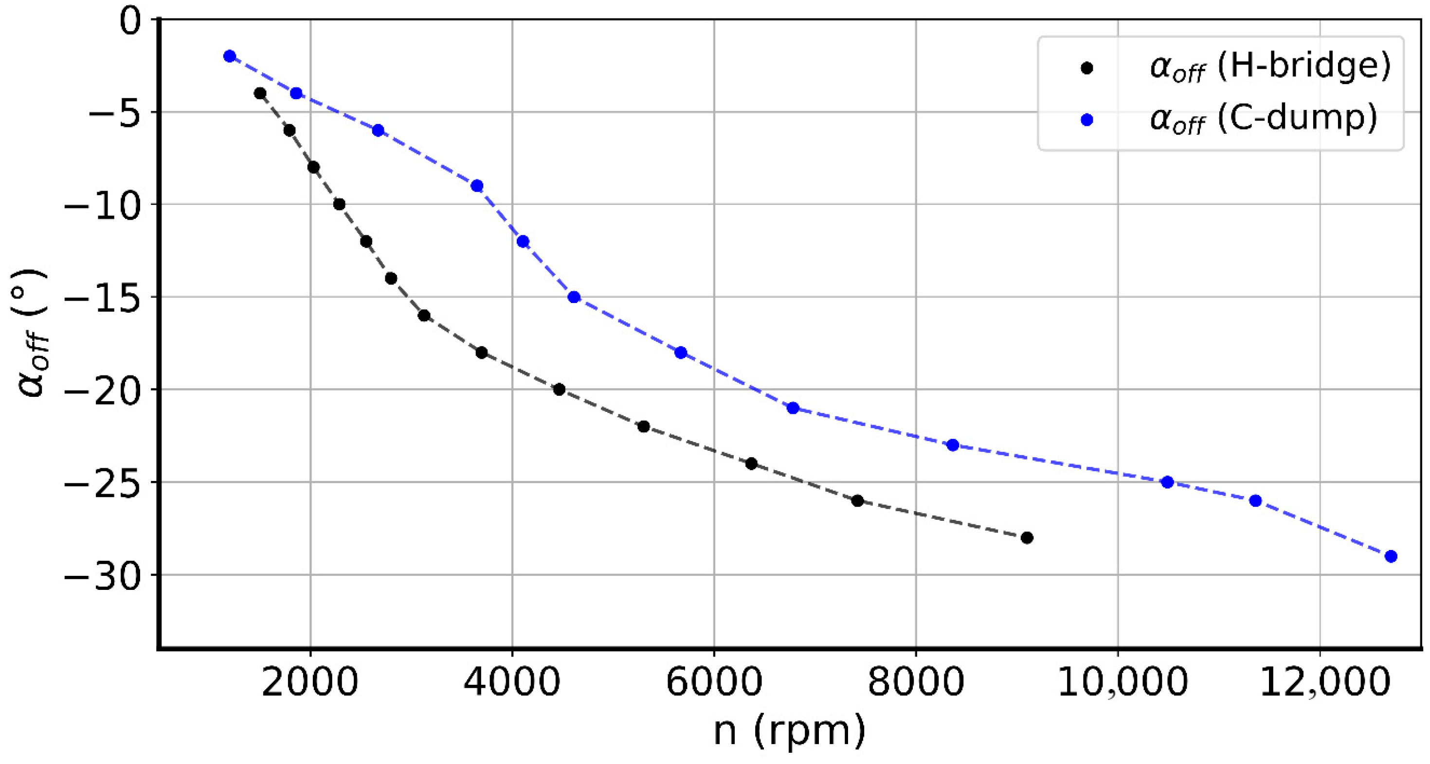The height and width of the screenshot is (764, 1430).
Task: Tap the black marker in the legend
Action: (x=1087, y=68)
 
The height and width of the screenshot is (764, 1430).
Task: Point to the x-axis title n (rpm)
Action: (x=789, y=731)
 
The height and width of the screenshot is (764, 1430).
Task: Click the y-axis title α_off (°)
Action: (x=32, y=333)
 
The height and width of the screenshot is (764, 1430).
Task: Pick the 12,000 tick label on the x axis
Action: (x=1324, y=682)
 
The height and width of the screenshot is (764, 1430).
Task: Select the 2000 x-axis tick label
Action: (x=310, y=682)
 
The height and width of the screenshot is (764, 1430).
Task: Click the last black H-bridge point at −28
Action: (x=1027, y=538)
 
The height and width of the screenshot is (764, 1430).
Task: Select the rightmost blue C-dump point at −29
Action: (x=1391, y=556)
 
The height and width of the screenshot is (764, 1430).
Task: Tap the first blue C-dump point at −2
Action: (x=229, y=56)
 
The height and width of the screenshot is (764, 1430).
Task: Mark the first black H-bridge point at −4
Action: (x=260, y=93)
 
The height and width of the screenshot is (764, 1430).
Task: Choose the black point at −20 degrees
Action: (x=559, y=390)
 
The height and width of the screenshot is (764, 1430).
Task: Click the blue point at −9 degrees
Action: (x=477, y=186)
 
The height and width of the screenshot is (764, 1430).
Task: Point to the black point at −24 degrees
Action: (x=751, y=464)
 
